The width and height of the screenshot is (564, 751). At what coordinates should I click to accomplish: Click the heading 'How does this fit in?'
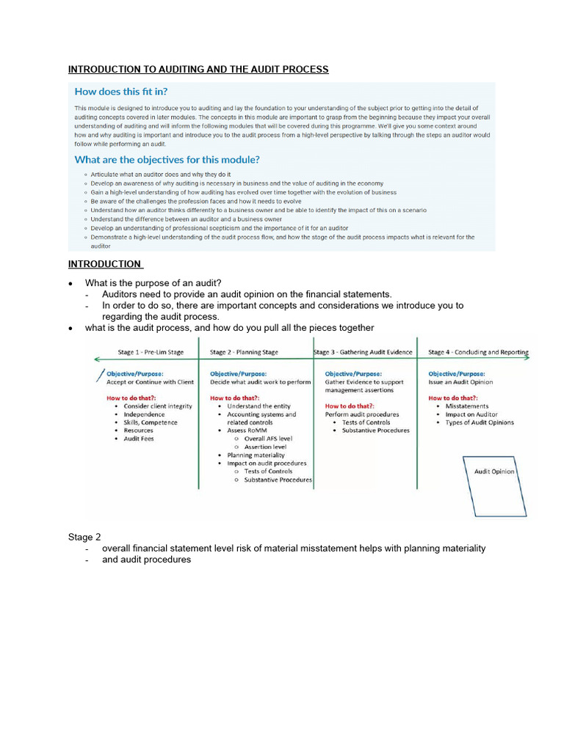tap(121, 92)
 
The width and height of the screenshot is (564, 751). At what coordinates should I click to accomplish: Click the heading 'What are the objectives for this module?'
tap(167, 159)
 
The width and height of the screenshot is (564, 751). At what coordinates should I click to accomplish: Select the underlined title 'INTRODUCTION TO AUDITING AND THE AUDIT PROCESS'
tap(198, 70)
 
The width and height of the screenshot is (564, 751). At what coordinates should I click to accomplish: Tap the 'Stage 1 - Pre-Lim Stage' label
tap(151, 352)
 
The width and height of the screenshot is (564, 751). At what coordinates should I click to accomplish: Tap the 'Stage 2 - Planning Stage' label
tap(244, 352)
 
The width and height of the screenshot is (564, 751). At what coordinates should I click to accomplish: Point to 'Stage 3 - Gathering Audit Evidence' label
tap(363, 352)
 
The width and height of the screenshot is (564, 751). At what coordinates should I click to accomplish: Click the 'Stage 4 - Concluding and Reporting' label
tap(478, 352)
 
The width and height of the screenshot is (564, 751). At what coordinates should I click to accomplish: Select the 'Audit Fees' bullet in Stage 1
tap(139, 439)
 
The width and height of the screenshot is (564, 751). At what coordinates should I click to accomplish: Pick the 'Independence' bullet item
tap(144, 414)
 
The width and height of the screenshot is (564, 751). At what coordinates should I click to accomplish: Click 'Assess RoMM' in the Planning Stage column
tap(247, 431)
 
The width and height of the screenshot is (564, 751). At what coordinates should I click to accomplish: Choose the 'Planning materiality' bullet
tap(256, 455)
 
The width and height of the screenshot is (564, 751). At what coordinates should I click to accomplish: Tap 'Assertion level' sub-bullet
tap(265, 447)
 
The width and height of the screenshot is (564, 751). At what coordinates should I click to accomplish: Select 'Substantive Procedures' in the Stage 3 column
tap(375, 431)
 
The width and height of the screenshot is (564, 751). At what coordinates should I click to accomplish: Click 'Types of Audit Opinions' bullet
tap(480, 422)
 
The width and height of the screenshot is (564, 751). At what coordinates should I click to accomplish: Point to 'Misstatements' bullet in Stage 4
tap(466, 406)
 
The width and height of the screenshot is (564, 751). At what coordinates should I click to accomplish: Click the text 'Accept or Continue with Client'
tap(150, 382)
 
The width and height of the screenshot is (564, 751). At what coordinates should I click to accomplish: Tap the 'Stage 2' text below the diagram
tap(82, 538)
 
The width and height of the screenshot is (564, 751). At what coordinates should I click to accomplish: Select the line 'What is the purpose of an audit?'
tap(153, 283)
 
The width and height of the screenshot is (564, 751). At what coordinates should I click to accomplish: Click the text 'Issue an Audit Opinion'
tap(460, 382)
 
